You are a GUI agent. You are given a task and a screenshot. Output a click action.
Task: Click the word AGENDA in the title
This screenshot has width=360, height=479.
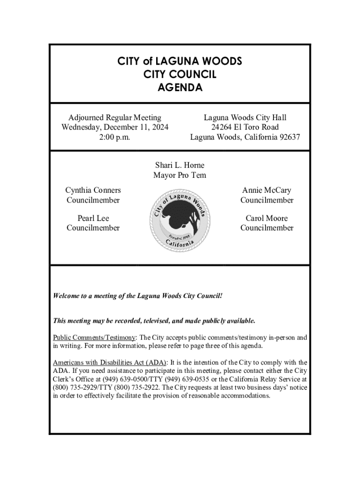coord(180,87)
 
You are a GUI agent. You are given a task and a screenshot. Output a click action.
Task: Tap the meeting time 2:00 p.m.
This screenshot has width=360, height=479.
coord(115,138)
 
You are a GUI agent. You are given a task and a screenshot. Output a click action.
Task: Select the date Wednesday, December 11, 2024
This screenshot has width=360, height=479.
coord(115,127)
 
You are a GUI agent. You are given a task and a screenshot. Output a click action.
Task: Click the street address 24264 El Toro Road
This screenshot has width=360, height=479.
coord(245,127)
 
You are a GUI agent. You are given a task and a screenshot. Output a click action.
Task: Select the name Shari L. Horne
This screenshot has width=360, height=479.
coord(180,165)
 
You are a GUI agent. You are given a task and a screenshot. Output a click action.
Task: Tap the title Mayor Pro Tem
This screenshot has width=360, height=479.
coord(180,175)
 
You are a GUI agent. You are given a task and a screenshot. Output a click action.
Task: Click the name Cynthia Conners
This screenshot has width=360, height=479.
coord(93,190)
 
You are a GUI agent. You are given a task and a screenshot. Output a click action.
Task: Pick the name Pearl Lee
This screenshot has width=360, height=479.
coord(93,218)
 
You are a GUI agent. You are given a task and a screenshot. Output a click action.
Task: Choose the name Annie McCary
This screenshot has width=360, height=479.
coord(266,190)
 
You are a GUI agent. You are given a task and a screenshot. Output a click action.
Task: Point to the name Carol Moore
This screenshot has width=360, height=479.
coord(266,218)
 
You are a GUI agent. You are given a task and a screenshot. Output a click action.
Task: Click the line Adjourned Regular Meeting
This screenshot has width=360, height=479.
coord(115,117)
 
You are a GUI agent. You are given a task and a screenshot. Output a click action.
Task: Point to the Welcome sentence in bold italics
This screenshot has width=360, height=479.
coord(137,296)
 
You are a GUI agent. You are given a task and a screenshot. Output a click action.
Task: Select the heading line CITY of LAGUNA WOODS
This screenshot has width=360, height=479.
coord(180,61)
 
